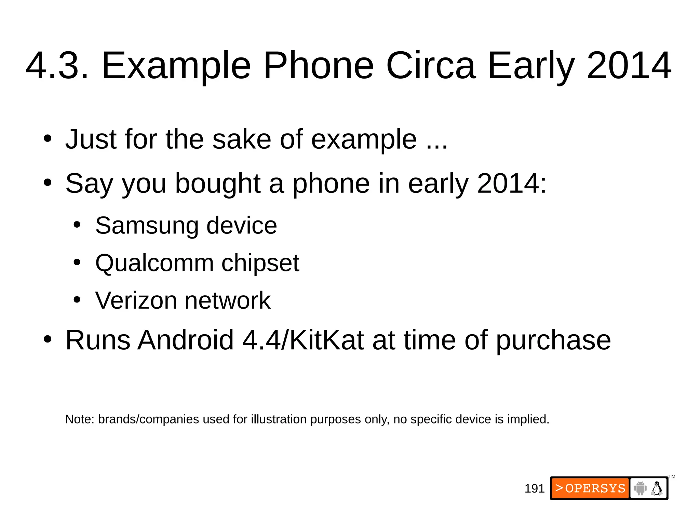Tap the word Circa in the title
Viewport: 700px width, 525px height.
(431, 66)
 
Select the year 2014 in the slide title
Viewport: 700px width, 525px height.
(629, 66)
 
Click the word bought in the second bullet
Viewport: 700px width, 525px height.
(218, 184)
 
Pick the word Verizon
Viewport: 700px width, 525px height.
(136, 301)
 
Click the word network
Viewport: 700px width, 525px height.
(228, 301)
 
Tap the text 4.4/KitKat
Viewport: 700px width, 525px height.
(303, 340)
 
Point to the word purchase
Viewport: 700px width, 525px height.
(553, 341)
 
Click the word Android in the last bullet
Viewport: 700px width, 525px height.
(186, 340)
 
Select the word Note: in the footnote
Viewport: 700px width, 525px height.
(80, 419)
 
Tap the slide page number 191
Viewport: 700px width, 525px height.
(534, 489)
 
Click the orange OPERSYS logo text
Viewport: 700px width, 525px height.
(591, 488)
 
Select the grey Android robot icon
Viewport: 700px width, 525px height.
(640, 488)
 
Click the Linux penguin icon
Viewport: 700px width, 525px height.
(657, 488)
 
